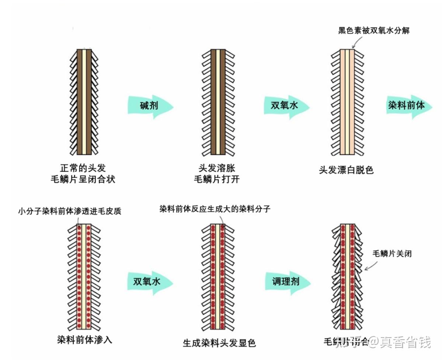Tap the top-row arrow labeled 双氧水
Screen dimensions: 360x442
pos(285,106)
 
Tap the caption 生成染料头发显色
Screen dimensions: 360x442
pos(219,343)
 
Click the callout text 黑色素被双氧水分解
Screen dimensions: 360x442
pos(374,31)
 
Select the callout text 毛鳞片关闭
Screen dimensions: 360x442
pos(392,254)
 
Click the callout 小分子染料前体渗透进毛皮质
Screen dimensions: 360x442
pos(70,212)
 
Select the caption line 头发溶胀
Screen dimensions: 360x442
pos(217,168)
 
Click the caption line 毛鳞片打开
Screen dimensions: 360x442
pos(217,179)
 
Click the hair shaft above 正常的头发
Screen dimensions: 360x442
pos(84,102)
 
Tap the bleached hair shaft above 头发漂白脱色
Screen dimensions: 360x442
pos(347,102)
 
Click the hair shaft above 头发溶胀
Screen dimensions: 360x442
pos(218,102)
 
